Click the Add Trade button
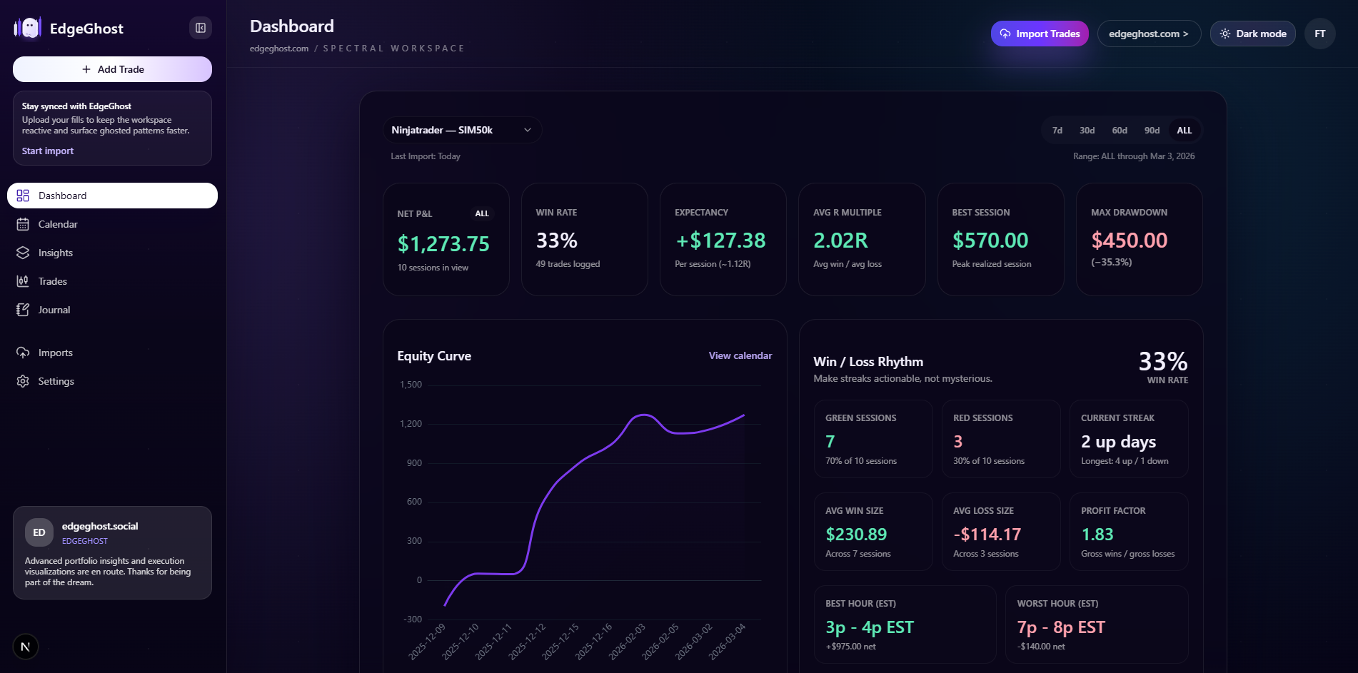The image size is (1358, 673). (x=112, y=69)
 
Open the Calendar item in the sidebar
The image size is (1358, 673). (x=58, y=224)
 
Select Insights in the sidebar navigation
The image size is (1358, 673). (x=55, y=253)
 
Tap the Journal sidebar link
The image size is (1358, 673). (x=54, y=310)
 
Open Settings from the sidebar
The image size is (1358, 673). (x=56, y=381)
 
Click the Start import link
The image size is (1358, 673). (x=48, y=151)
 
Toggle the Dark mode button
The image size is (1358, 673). (x=1252, y=34)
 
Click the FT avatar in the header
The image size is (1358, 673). (x=1319, y=34)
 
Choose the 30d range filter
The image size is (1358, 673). (x=1087, y=131)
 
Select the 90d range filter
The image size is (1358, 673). (x=1152, y=131)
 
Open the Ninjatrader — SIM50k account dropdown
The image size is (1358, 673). (x=461, y=130)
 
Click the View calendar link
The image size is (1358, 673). (x=740, y=355)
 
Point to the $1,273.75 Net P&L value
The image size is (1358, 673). (x=443, y=244)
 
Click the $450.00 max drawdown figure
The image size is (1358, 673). (x=1129, y=241)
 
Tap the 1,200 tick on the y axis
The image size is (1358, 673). (x=411, y=424)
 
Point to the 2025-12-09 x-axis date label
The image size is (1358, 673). (x=427, y=642)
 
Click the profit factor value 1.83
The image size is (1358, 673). (x=1097, y=535)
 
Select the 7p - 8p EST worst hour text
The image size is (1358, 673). (x=1060, y=627)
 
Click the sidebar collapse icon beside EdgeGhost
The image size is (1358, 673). (x=201, y=28)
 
